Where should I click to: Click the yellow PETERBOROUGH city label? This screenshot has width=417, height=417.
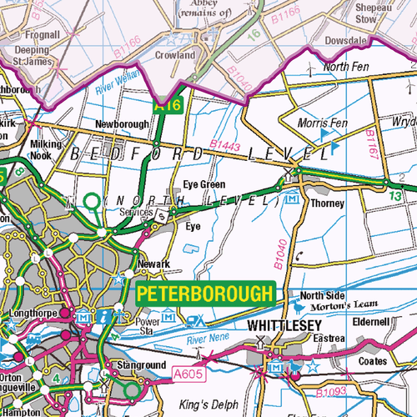204,294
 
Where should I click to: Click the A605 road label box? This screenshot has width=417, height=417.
188,376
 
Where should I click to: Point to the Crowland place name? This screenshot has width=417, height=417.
175,55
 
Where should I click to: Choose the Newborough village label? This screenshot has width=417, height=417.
122,124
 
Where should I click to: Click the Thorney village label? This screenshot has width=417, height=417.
326,203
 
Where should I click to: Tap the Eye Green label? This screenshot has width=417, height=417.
203,184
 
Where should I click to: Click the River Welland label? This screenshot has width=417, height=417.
118,87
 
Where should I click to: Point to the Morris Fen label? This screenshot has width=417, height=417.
322,123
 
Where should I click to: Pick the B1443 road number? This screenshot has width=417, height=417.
224,148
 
